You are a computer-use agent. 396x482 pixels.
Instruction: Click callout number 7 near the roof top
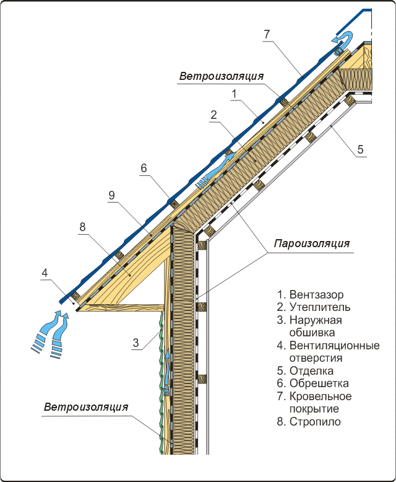point(267,34)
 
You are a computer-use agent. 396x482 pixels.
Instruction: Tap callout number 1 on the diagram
point(235,94)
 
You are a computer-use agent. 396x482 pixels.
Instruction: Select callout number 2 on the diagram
point(213,115)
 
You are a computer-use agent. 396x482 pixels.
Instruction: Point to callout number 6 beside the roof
point(144,168)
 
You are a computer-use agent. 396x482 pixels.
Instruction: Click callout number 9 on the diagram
point(111,195)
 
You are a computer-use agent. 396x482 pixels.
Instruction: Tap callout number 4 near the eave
point(44,271)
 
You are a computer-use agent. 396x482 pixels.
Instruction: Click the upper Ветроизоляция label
point(222,76)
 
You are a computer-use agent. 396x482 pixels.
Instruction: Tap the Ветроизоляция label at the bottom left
point(86,408)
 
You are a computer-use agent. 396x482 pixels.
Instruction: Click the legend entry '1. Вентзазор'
point(311,294)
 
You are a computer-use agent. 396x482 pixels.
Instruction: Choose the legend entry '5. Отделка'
point(306,371)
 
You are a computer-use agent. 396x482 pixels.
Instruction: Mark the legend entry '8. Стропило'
point(309,423)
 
